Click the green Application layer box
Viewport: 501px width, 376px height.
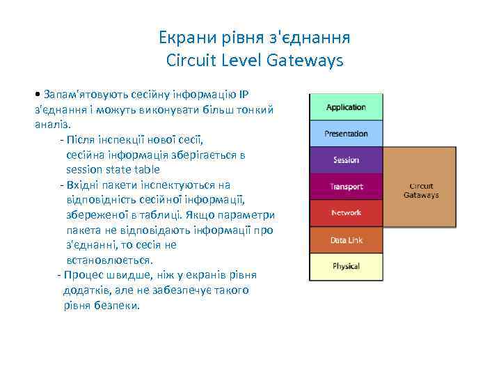click(x=346, y=107)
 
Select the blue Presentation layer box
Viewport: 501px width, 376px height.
click(x=346, y=134)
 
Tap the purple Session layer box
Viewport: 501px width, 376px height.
click(x=346, y=160)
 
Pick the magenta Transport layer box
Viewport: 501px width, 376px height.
click(x=346, y=187)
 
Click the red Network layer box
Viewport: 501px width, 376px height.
click(x=346, y=213)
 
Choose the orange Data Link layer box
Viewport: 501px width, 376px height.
click(x=346, y=240)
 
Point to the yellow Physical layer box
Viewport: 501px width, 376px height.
click(x=346, y=267)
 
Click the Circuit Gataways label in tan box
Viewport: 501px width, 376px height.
click(x=421, y=191)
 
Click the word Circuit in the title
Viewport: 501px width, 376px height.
click(x=191, y=61)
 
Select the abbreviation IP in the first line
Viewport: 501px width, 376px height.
click(x=244, y=94)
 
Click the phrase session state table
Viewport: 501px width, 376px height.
click(x=113, y=169)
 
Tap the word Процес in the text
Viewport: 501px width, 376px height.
click(x=85, y=275)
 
